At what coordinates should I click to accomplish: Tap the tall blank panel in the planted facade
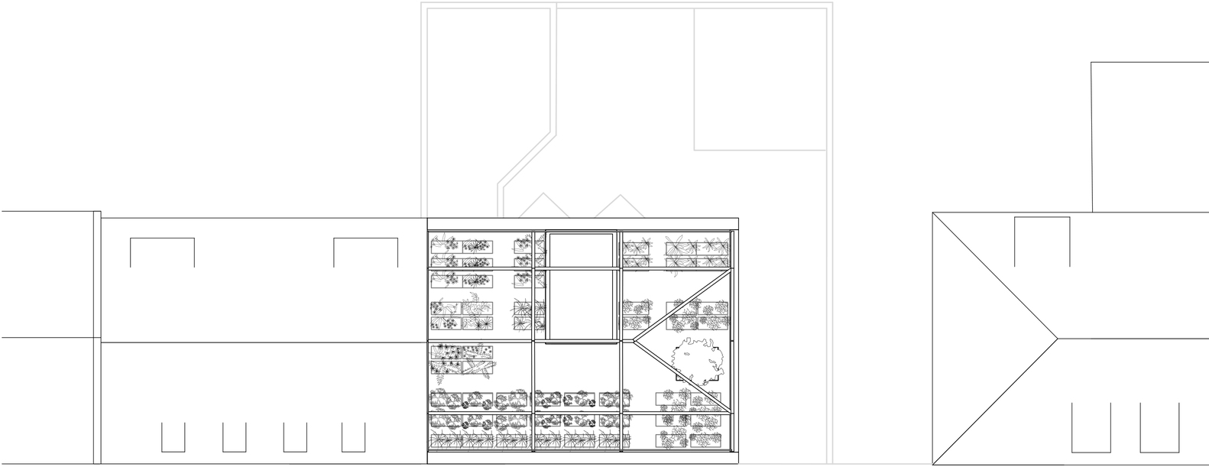(x=581, y=287)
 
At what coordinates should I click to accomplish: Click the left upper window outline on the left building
(x=162, y=252)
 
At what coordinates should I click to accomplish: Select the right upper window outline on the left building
(x=365, y=252)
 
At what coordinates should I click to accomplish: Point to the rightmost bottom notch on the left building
(x=353, y=436)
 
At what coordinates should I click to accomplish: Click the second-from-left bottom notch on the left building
(x=235, y=436)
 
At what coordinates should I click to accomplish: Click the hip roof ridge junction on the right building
(x=1056, y=337)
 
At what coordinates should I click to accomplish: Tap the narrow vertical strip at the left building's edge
(x=97, y=336)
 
